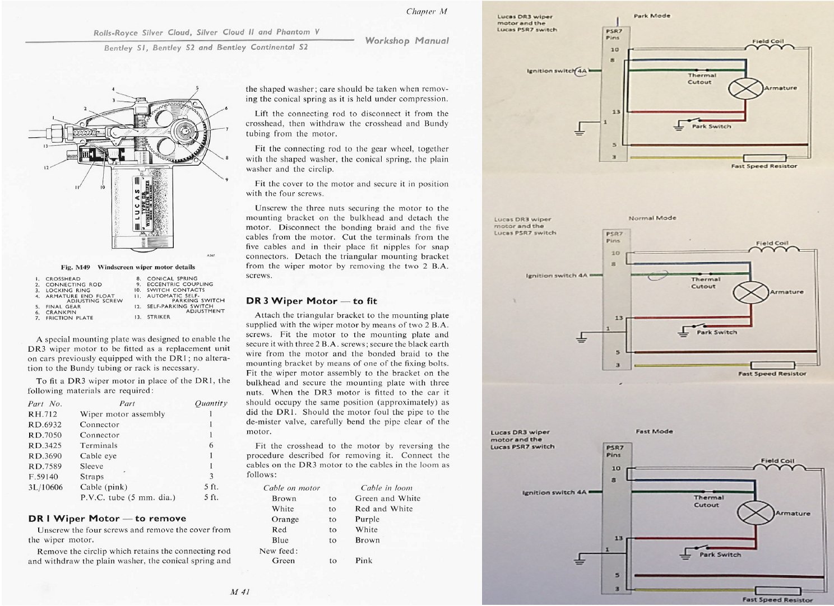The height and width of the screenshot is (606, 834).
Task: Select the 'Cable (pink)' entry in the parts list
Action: tap(104, 487)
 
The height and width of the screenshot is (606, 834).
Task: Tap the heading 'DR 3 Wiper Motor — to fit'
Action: tap(311, 301)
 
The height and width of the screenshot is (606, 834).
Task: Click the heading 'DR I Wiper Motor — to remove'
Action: tap(107, 519)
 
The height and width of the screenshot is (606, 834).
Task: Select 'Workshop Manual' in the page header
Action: tap(407, 40)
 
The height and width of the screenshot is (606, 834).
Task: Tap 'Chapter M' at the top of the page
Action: tap(427, 12)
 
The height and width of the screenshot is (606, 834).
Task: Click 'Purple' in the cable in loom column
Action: tap(367, 519)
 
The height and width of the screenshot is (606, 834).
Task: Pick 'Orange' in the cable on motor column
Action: tap(285, 519)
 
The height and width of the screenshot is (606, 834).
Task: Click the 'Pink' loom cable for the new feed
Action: tap(363, 561)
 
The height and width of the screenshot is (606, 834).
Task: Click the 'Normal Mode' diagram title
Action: tap(652, 218)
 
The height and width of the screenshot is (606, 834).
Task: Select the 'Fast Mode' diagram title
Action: tap(654, 431)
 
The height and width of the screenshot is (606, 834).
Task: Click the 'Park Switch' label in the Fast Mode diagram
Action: tap(720, 554)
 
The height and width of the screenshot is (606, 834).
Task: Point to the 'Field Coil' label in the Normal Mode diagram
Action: tap(772, 243)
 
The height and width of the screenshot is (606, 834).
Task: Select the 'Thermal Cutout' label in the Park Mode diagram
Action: tap(701, 78)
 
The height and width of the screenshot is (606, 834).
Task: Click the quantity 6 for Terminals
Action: tap(211, 445)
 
